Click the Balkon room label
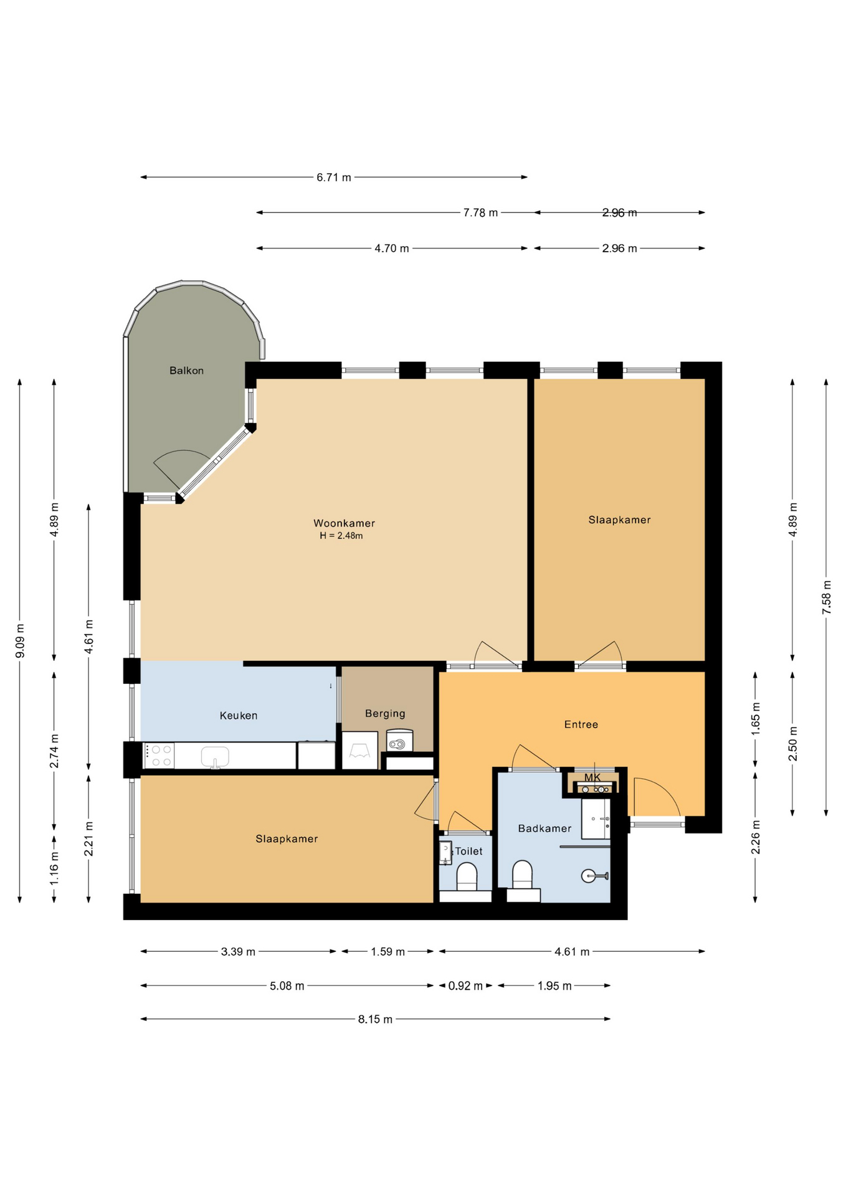coord(186,371)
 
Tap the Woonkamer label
coord(344,523)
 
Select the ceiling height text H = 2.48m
coord(341,536)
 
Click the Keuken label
coord(239,716)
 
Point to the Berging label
coord(385,714)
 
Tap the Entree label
coord(581,724)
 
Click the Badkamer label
coord(544,828)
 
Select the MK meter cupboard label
coord(592,777)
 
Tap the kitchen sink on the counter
coord(215,757)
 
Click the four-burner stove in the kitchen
coord(159,756)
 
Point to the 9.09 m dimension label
coord(20,640)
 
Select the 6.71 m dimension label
coord(334,178)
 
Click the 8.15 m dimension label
coord(375,1020)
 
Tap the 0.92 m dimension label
coord(465,986)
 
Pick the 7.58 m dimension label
coord(827,597)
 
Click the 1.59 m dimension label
coord(387,952)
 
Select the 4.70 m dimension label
coord(392,249)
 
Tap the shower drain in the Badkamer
coord(587,876)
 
